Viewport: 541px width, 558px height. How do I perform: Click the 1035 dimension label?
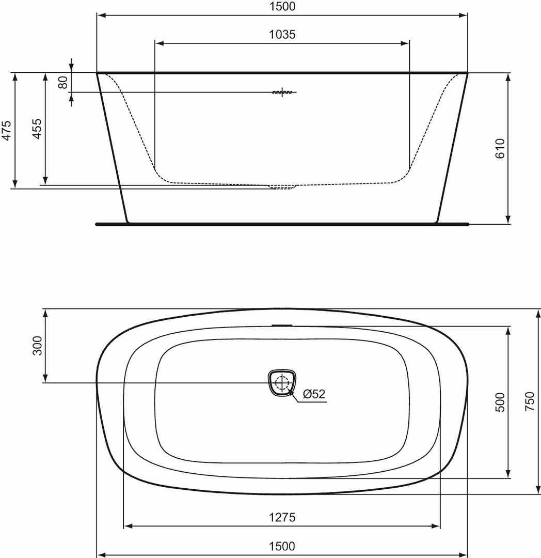tap(282, 35)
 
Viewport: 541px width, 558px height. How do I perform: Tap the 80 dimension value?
tap(63, 83)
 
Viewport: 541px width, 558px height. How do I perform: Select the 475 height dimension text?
tap(7, 131)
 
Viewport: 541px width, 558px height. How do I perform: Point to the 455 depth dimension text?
tap(37, 129)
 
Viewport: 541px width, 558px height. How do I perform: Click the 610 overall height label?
tap(500, 149)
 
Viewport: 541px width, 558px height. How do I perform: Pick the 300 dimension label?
tap(37, 346)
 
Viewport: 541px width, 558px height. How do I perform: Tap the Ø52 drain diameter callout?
tap(314, 394)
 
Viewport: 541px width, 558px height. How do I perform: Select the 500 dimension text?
tap(500, 402)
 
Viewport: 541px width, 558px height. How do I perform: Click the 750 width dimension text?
tap(530, 401)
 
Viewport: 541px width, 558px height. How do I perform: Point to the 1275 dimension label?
tap(282, 517)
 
